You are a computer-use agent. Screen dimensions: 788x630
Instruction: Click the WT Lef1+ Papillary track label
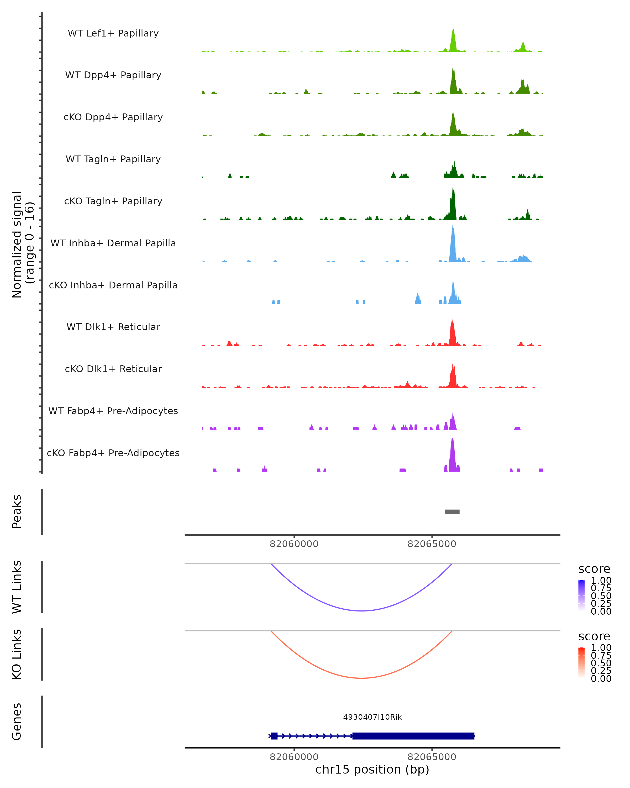coord(113,33)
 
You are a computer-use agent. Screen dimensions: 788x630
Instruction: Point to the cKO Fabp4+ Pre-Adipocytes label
coord(113,453)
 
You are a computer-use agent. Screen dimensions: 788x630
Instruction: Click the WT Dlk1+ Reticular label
coord(113,327)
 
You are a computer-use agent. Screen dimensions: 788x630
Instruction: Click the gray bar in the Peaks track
coord(452,512)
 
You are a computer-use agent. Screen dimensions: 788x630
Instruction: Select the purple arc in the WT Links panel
coord(361,610)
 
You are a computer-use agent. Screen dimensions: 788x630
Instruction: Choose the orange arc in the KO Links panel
coord(361,678)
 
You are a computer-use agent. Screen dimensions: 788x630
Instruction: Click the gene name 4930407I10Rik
coord(372,717)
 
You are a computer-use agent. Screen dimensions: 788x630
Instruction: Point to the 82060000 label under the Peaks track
coord(294,544)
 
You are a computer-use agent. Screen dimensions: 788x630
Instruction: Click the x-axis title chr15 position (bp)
coord(372,769)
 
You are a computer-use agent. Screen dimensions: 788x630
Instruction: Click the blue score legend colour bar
coord(581,596)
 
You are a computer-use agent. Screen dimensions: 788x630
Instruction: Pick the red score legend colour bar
coord(581,663)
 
